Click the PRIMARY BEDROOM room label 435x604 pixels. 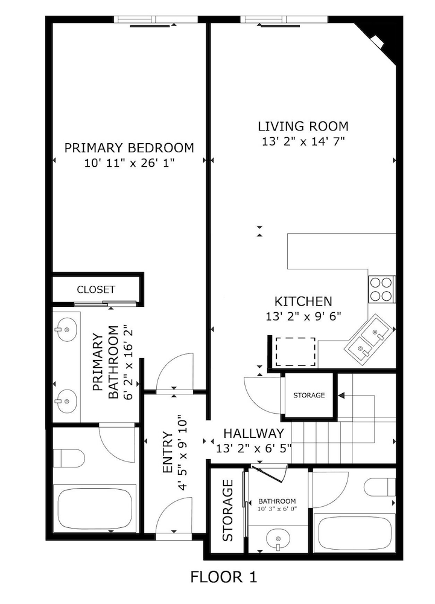129,147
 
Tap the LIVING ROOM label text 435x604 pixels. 303,126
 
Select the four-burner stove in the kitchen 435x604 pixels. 381,289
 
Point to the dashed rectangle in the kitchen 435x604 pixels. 296,352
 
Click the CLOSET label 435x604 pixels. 96,290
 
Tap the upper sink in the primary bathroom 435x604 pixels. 65,329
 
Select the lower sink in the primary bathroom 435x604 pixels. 65,399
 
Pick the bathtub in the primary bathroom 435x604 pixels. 94,508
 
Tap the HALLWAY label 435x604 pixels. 253,434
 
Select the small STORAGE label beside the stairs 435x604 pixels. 309,396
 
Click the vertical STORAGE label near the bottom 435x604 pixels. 227,510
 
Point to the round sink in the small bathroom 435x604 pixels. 278,537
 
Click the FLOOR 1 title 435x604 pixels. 224,577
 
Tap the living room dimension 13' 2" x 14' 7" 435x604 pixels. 303,142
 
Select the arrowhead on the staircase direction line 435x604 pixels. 341,396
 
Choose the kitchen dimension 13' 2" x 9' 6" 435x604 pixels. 303,316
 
